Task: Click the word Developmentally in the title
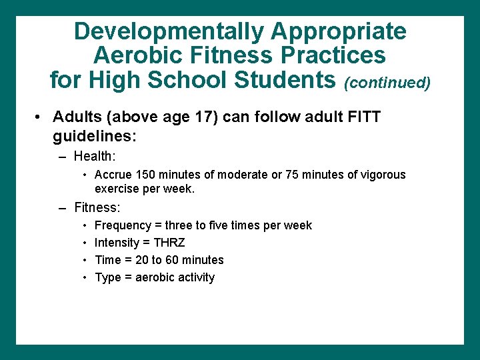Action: (169, 31)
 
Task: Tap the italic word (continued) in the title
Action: (387, 83)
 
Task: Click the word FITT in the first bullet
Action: (362, 118)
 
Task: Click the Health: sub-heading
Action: (95, 157)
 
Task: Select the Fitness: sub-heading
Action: (97, 207)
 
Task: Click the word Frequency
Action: (123, 225)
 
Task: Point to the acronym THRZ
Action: (169, 243)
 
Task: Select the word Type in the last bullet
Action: (107, 277)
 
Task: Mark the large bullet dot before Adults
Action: (41, 118)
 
